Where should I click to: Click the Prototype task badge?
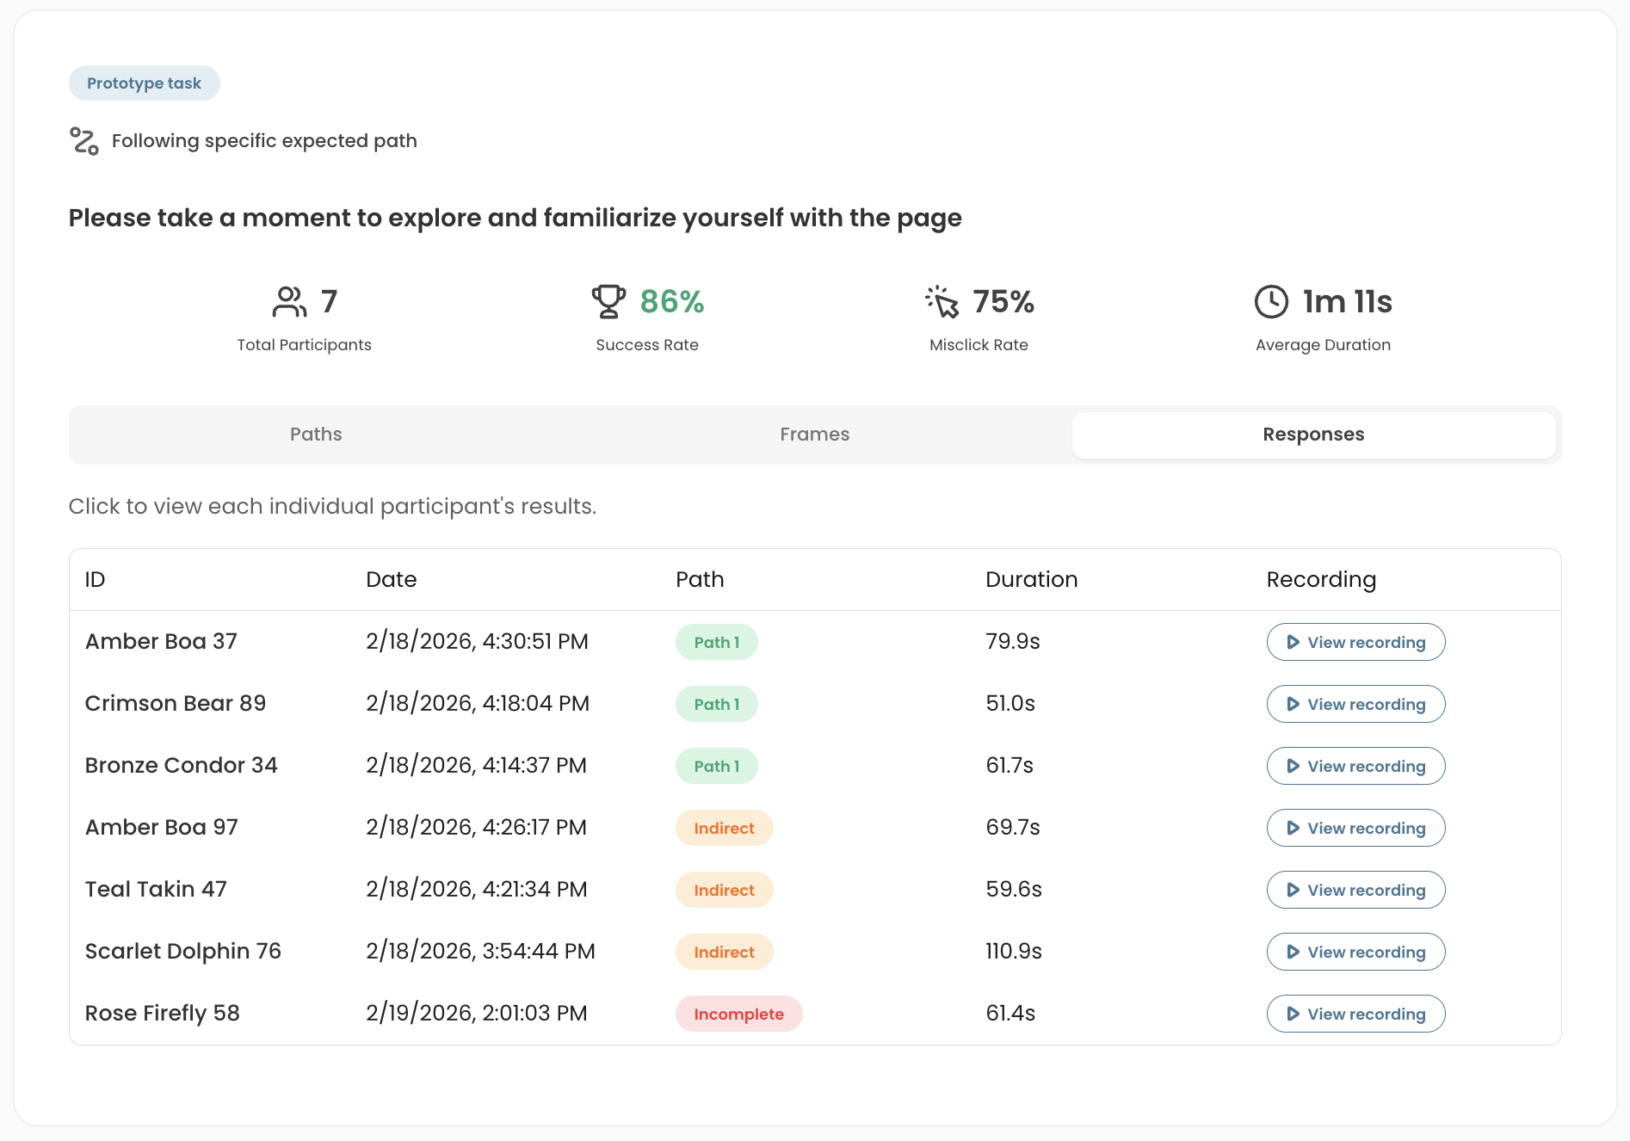pyautogui.click(x=145, y=83)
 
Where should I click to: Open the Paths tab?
pyautogui.click(x=316, y=435)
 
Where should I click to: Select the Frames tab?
pyautogui.click(x=814, y=435)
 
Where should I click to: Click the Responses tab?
pyautogui.click(x=1313, y=435)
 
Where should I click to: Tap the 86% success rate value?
pyautogui.click(x=672, y=302)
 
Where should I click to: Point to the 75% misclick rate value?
pyautogui.click(x=1003, y=302)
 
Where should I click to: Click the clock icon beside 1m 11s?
pyautogui.click(x=1271, y=302)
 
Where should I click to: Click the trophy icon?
pyautogui.click(x=608, y=301)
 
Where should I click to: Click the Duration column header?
pyautogui.click(x=1031, y=579)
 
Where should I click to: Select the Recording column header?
pyautogui.click(x=1321, y=580)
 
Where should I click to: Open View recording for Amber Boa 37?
pyautogui.click(x=1355, y=642)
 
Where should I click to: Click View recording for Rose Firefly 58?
pyautogui.click(x=1355, y=1014)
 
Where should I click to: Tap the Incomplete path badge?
pyautogui.click(x=738, y=1014)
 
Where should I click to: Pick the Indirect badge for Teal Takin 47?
pyautogui.click(x=724, y=890)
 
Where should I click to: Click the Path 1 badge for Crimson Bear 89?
pyautogui.click(x=716, y=704)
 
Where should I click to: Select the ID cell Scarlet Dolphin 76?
pyautogui.click(x=183, y=951)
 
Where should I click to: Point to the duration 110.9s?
pyautogui.click(x=1014, y=951)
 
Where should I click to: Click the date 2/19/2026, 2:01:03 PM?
pyautogui.click(x=477, y=1013)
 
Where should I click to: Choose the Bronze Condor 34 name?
pyautogui.click(x=182, y=765)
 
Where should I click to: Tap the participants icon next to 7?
pyautogui.click(x=289, y=302)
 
